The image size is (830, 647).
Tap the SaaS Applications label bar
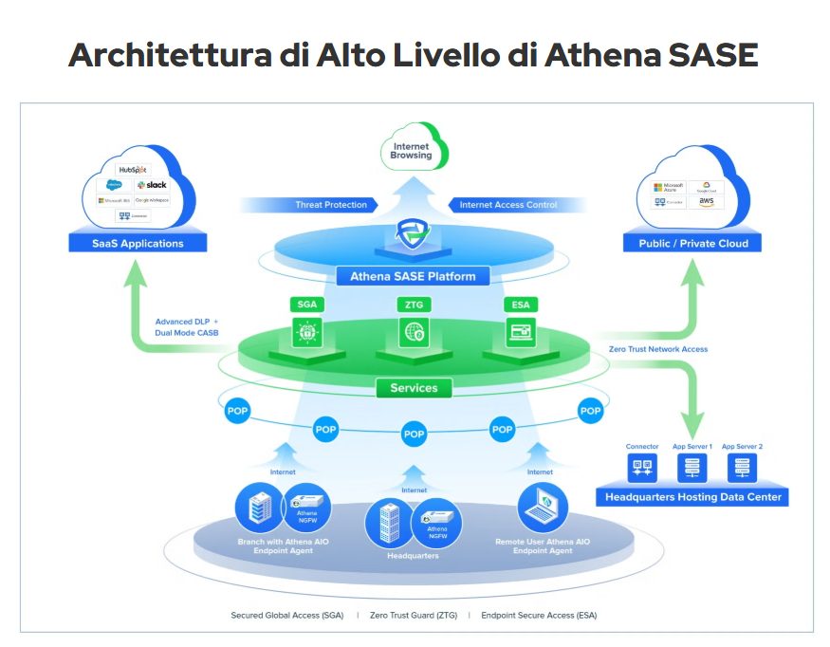click(138, 244)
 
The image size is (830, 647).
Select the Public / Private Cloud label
click(692, 244)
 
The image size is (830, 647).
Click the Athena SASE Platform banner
click(414, 277)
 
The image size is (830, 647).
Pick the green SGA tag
click(307, 305)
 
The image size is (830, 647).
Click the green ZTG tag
click(414, 305)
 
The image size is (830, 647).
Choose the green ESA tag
click(520, 305)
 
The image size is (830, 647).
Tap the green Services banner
click(414, 388)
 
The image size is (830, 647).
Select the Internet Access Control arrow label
click(508, 205)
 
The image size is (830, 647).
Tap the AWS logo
click(703, 203)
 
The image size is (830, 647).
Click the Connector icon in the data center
click(642, 467)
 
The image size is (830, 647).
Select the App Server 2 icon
click(742, 467)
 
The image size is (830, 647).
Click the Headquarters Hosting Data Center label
click(692, 497)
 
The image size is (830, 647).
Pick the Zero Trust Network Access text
click(657, 349)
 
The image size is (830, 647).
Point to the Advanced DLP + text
click(187, 322)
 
